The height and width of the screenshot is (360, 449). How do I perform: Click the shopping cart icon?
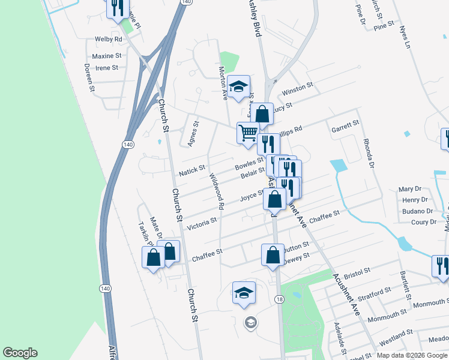pos(247,133)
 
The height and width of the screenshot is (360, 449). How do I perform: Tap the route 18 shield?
pos(279,299)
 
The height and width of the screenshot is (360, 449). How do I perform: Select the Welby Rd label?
pos(109,39)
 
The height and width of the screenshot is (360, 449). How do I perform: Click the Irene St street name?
pos(107,68)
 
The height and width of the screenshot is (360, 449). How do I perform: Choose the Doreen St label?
pos(89,77)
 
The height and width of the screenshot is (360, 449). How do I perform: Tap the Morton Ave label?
pos(223,84)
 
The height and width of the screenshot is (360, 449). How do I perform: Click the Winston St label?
pos(298,89)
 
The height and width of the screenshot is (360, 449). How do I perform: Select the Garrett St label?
pos(345,127)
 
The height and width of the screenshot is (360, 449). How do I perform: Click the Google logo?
pos(20,353)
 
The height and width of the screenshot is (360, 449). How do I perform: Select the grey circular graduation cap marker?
pos(250,323)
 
